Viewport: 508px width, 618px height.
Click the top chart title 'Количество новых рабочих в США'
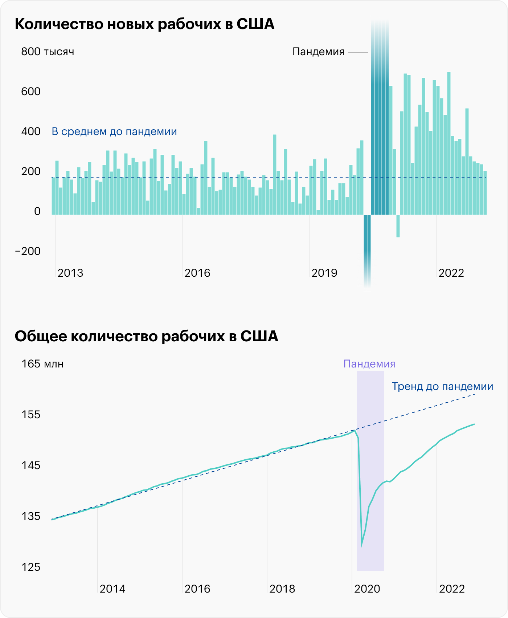click(x=144, y=24)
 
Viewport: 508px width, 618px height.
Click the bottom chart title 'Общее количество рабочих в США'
click(x=146, y=336)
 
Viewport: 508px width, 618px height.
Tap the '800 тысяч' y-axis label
click(x=48, y=52)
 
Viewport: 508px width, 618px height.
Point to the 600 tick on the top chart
click(x=31, y=92)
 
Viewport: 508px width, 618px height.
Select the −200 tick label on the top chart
click(x=28, y=251)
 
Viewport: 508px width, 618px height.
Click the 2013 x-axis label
click(x=70, y=273)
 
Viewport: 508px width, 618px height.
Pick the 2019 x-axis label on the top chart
click(x=324, y=273)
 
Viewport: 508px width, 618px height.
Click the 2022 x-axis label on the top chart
click(x=451, y=273)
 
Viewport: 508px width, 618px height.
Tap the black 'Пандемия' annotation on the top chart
click(x=318, y=52)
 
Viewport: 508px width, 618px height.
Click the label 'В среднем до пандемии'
click(x=114, y=131)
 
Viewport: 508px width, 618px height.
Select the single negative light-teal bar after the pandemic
click(x=398, y=226)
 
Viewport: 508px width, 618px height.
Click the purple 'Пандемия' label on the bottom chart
click(x=369, y=364)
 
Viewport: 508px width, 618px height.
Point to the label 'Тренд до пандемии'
click(x=442, y=386)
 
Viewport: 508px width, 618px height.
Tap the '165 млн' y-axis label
click(x=42, y=364)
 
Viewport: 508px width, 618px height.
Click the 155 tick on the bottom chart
click(x=31, y=415)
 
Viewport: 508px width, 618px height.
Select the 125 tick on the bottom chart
click(x=31, y=567)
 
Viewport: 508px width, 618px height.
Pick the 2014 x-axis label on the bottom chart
click(x=112, y=589)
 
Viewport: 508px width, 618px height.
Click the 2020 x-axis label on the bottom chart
click(x=367, y=589)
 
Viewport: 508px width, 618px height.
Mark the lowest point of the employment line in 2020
click(x=362, y=545)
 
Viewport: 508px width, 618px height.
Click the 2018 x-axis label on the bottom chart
click(x=282, y=589)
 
